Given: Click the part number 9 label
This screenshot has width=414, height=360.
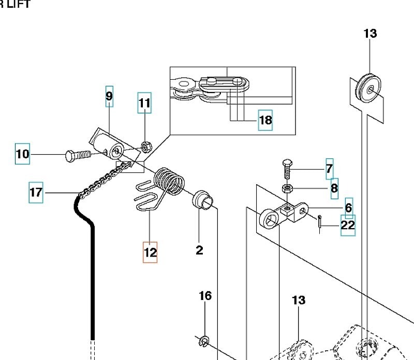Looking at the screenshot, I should pos(109,96).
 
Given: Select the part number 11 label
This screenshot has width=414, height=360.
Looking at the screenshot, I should pos(144,103).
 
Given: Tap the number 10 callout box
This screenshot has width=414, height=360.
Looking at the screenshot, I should pos(23,154).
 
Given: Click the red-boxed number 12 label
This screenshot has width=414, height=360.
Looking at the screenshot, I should pos(150,252).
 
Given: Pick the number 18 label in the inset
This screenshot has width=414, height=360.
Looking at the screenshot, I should pos(265,121).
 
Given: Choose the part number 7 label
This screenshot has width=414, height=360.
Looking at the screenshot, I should pos(329,169).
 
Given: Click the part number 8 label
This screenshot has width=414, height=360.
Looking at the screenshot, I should pos(334,188).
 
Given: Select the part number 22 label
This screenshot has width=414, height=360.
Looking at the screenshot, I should pos(348,225).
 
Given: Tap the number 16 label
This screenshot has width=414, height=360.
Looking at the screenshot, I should pos(205,296).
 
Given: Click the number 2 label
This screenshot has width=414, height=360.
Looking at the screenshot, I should pos(200,250).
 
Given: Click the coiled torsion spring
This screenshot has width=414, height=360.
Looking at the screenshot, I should pos(170,182).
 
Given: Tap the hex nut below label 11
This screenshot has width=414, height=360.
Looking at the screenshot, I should pos(146,147).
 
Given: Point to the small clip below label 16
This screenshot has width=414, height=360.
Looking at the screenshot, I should pos(204,340).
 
